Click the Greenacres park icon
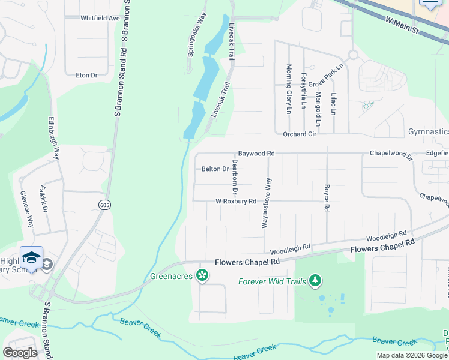point(203,275)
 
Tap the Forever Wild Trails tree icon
point(315,281)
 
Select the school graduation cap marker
point(31,259)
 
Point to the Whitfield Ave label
point(100,18)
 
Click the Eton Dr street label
point(86,75)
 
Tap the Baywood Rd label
point(256,154)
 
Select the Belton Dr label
point(215,169)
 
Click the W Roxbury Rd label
point(236,202)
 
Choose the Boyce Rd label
point(327,197)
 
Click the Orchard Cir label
point(299,134)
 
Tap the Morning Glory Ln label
point(288,89)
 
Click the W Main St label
point(402,26)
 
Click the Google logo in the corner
point(20,352)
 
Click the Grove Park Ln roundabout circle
point(352,55)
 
